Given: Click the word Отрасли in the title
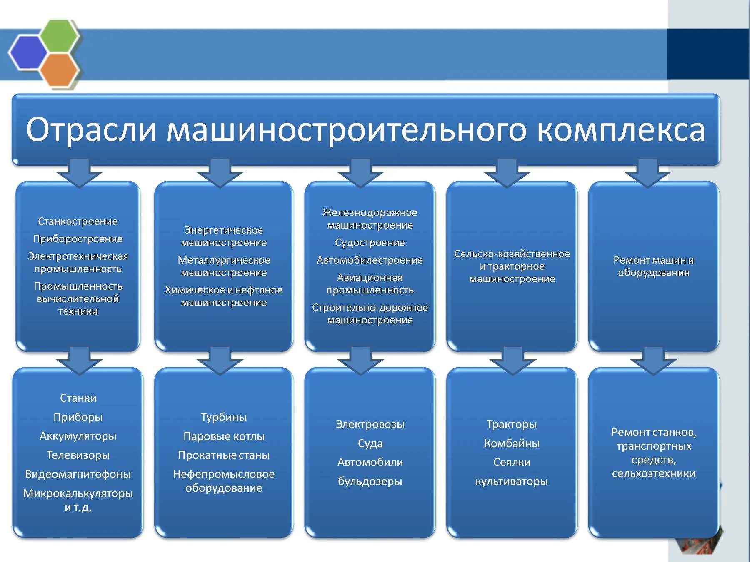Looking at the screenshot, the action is click(91, 129).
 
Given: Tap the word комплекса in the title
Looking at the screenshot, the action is click(621, 130).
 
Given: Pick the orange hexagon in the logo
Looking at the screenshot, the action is click(60, 70).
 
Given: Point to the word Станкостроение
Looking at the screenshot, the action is click(78, 221).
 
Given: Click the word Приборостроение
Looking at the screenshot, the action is click(78, 239).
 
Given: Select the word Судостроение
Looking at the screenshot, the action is click(370, 243).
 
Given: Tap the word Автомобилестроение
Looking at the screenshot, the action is click(370, 260).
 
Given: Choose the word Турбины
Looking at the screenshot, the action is click(224, 417).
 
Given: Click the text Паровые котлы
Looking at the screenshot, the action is click(224, 436).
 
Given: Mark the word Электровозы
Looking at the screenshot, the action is click(370, 424).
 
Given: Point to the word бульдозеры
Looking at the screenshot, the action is click(370, 481).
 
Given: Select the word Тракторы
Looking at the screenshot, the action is click(512, 424).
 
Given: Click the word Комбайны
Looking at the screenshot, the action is click(512, 443).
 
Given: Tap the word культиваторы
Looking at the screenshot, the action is click(512, 481).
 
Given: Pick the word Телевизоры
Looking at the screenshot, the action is click(78, 455).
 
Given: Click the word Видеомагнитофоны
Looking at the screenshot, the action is click(78, 474).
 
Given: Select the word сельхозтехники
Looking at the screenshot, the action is click(654, 473).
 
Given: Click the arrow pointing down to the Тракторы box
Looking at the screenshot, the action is click(512, 361).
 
